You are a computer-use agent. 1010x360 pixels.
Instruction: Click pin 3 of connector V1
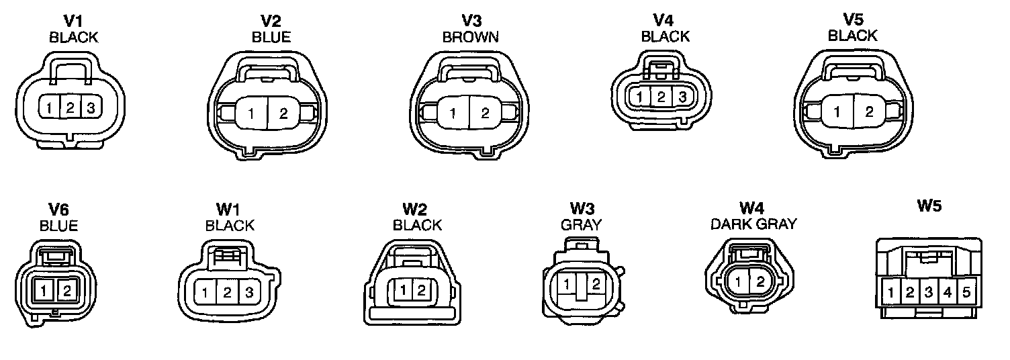[x=91, y=107]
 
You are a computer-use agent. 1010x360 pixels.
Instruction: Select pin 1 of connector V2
[x=251, y=114]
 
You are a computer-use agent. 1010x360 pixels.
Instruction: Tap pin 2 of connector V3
[x=485, y=113]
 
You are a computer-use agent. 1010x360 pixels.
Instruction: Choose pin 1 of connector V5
[x=837, y=112]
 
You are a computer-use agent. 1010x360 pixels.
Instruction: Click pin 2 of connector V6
[x=66, y=291]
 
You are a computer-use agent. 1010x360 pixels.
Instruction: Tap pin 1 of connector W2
[x=404, y=290]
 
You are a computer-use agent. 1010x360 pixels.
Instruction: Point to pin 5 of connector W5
[x=966, y=293]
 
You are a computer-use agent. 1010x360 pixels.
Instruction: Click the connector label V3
[x=471, y=21]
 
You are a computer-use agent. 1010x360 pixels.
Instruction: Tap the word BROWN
[x=471, y=37]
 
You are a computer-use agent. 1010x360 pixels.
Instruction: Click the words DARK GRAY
[x=753, y=224]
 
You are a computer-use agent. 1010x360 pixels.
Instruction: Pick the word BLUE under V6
[x=58, y=226]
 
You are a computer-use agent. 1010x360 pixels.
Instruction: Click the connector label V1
[x=73, y=21]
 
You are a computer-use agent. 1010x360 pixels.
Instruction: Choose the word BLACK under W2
[x=417, y=225]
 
